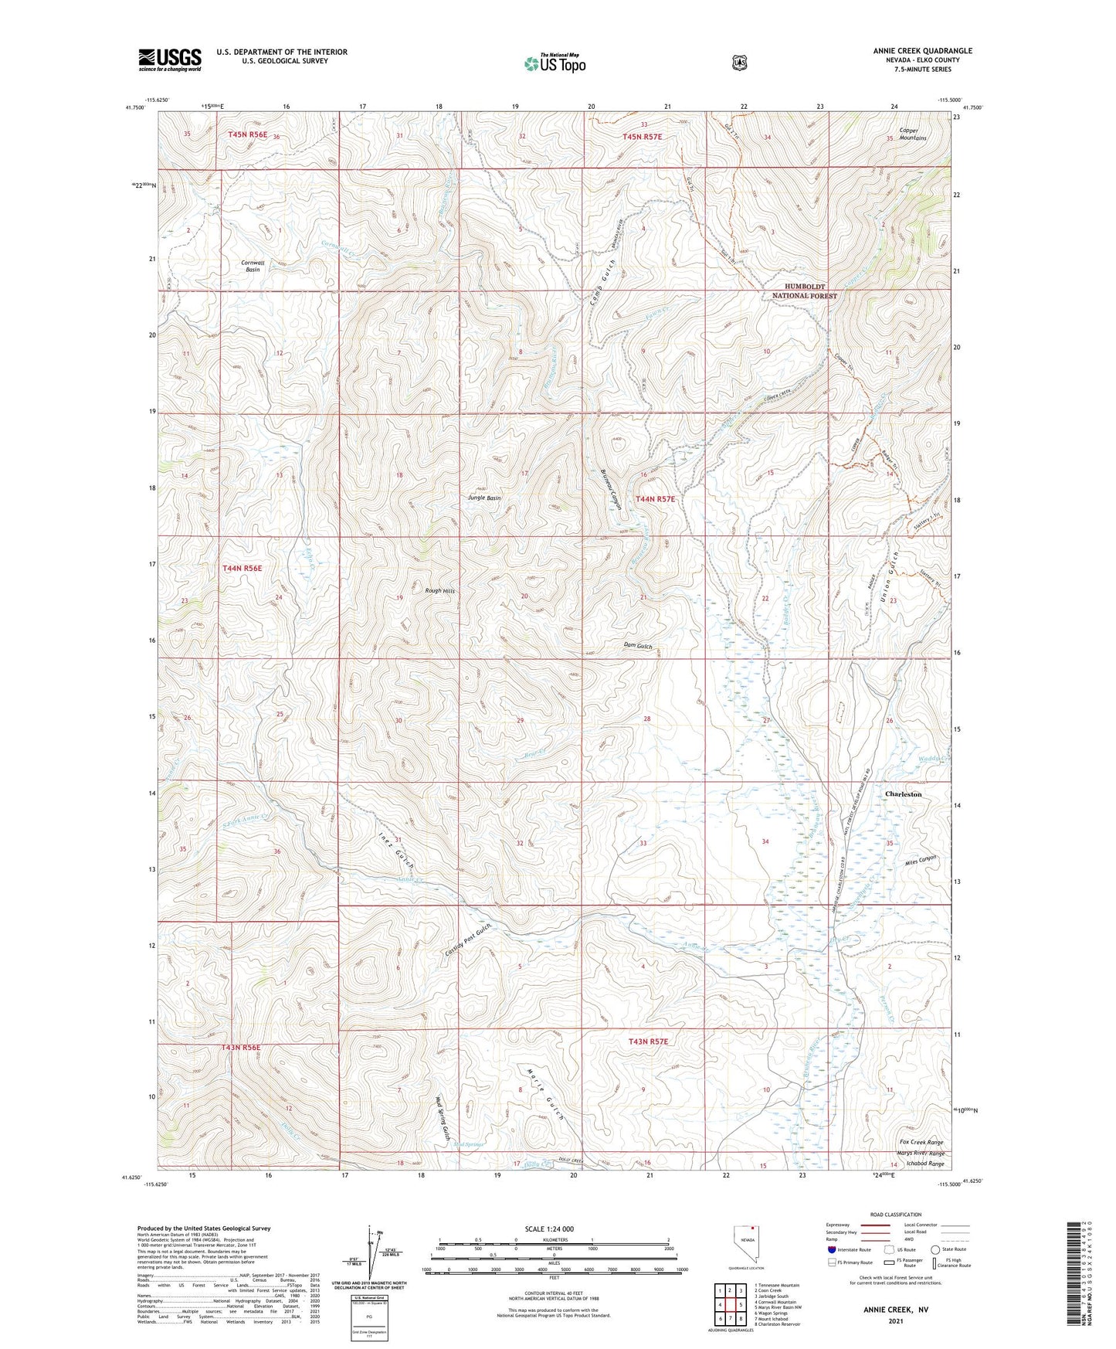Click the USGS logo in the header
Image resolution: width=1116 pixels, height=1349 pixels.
click(170, 59)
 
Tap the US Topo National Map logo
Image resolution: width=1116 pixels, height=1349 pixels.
click(555, 63)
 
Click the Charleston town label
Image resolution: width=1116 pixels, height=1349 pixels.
click(903, 794)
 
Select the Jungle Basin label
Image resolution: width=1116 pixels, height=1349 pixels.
click(484, 498)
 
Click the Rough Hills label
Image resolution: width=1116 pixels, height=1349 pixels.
click(440, 590)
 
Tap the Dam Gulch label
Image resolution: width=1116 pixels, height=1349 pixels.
click(638, 646)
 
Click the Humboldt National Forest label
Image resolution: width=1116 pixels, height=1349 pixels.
click(805, 291)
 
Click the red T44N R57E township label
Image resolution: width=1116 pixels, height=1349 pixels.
click(655, 499)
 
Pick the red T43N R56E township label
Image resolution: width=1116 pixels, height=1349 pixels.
click(242, 1048)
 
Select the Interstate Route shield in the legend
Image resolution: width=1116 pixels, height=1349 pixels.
click(832, 1249)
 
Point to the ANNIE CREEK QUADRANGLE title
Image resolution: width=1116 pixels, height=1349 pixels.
click(922, 51)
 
